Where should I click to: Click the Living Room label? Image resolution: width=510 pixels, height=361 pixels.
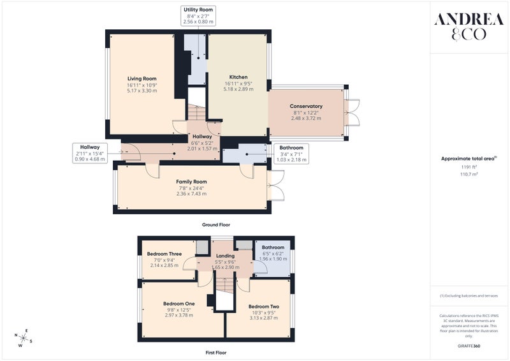point(142,78)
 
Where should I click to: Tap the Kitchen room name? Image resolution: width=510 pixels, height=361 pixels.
point(238,77)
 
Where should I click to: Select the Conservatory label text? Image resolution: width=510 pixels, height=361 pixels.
point(306,106)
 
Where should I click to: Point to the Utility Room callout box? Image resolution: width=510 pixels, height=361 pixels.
point(198,15)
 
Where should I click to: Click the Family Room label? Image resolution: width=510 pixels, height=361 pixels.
point(191,182)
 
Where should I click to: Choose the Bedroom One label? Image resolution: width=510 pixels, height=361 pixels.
point(179,304)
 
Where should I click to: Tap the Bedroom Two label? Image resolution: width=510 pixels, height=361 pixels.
point(264,306)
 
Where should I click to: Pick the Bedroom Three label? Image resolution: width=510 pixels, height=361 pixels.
point(164,254)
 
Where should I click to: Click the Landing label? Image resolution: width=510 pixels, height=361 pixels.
point(225,256)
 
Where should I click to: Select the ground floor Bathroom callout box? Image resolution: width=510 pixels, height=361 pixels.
point(291,154)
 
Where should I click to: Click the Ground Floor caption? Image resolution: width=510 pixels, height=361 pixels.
point(216,225)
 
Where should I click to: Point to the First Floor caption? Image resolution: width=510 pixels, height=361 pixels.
point(216,353)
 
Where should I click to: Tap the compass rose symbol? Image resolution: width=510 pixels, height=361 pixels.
point(24,338)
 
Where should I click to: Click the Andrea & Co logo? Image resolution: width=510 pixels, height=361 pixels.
point(469,26)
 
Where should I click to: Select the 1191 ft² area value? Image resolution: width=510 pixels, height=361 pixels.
point(469,167)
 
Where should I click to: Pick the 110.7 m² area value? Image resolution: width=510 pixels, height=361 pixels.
point(469,174)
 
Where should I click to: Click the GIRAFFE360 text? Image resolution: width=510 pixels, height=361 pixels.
point(469,346)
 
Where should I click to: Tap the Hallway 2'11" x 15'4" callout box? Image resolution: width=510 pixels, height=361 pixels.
point(90,153)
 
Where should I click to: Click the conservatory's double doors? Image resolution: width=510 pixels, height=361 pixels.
point(353,112)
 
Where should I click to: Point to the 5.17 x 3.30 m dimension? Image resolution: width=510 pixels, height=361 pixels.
point(142,91)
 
